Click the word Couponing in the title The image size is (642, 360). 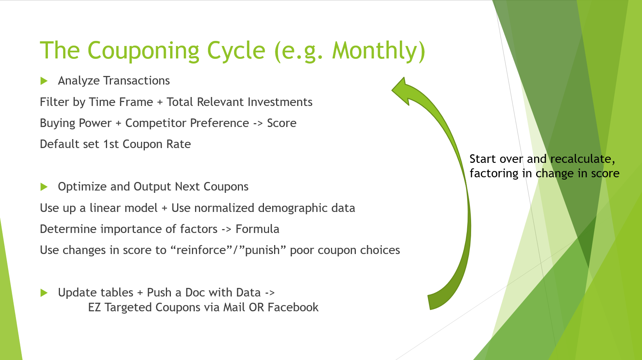coord(143,51)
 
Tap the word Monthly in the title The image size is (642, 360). coord(375,51)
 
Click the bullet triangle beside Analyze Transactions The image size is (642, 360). coord(44,81)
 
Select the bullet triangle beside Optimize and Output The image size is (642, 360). coord(44,187)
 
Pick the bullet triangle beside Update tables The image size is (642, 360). coord(44,293)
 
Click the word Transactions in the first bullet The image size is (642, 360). coord(136,81)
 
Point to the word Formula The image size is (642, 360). coord(257,229)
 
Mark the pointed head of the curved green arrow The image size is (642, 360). coord(392,90)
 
